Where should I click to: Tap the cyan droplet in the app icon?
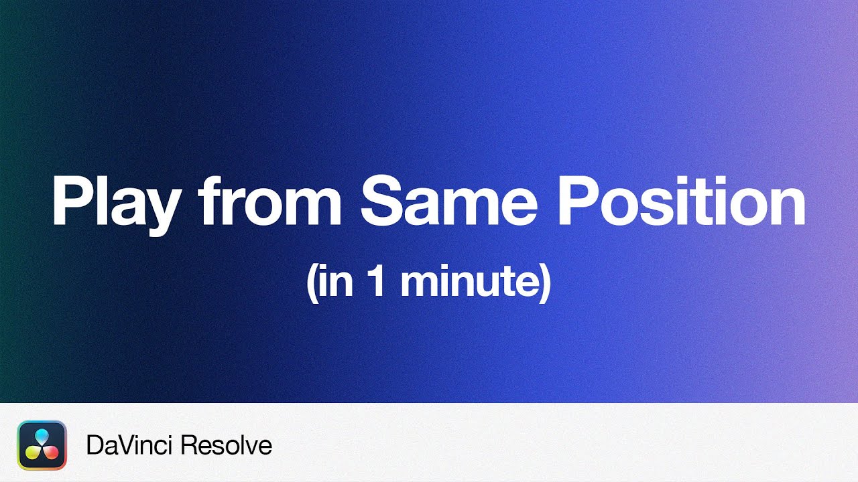pos(42,437)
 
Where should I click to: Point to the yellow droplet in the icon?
pos(34,453)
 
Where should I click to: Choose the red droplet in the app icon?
pos(51,453)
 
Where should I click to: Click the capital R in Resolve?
pos(193,445)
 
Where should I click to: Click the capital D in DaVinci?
pos(94,445)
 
